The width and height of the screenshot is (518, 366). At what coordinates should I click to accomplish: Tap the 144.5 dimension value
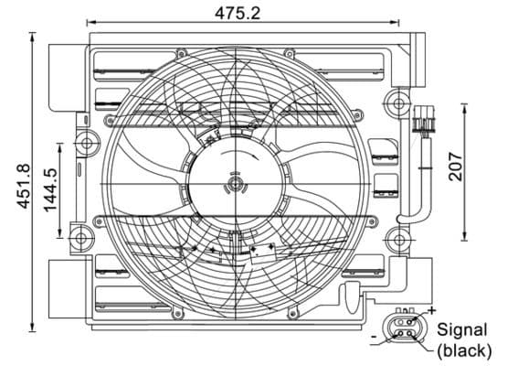(51, 188)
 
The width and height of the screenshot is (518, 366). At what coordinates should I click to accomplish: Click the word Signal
(462, 329)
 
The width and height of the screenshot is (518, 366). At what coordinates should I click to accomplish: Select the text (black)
(464, 349)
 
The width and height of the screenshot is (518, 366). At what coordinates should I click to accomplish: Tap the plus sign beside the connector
(431, 313)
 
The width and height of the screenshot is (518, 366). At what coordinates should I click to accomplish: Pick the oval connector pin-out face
(403, 329)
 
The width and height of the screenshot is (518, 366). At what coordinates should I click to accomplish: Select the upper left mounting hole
(87, 143)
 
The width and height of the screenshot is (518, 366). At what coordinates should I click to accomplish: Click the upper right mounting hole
(395, 98)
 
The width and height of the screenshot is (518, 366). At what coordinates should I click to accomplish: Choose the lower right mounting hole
(396, 242)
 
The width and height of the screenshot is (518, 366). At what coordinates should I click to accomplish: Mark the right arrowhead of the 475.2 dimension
(396, 20)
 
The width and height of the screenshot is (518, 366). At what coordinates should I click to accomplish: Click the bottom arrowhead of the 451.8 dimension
(33, 328)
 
